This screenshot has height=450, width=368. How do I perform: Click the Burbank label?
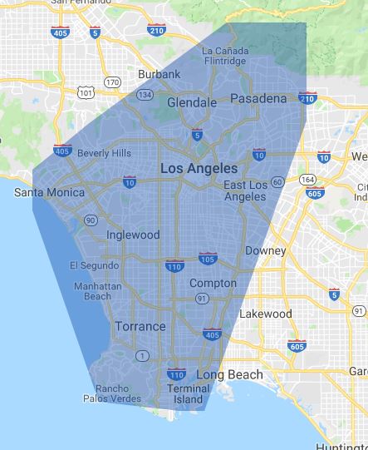(x=159, y=74)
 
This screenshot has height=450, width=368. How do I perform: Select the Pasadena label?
(x=258, y=98)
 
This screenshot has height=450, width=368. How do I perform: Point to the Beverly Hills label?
(x=104, y=153)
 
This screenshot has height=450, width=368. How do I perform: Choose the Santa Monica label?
(x=50, y=192)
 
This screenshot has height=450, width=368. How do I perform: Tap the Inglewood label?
(x=133, y=235)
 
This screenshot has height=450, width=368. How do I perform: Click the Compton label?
(x=213, y=283)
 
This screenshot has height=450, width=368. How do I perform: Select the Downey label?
(x=266, y=250)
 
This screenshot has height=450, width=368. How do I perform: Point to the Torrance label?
(x=140, y=326)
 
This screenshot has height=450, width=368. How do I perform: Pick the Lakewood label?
(x=265, y=314)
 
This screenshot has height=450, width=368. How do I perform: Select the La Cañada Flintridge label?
(x=223, y=56)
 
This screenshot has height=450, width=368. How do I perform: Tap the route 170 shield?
(x=113, y=82)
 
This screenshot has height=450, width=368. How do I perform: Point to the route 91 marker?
(x=200, y=298)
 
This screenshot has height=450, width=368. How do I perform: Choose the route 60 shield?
(x=277, y=182)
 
